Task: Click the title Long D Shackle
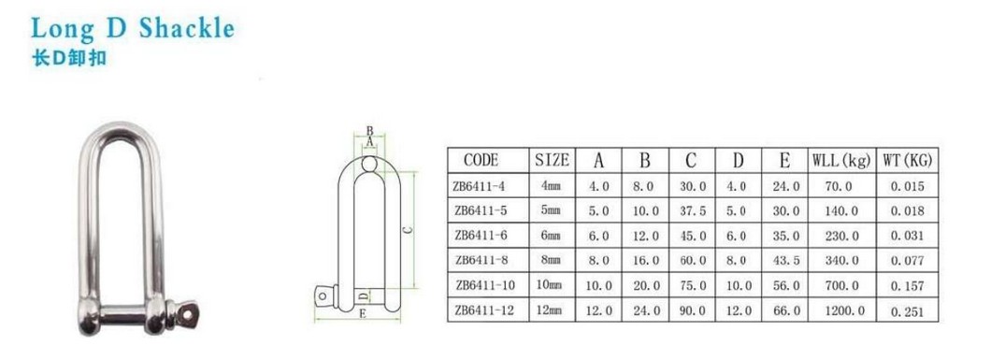click(x=133, y=28)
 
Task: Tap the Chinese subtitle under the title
click(x=69, y=59)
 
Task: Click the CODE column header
click(x=481, y=160)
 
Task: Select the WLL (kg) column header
click(x=841, y=161)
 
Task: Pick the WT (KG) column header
click(x=907, y=161)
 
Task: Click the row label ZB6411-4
click(x=480, y=186)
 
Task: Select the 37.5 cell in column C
click(x=692, y=211)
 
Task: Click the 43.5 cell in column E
click(x=785, y=260)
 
